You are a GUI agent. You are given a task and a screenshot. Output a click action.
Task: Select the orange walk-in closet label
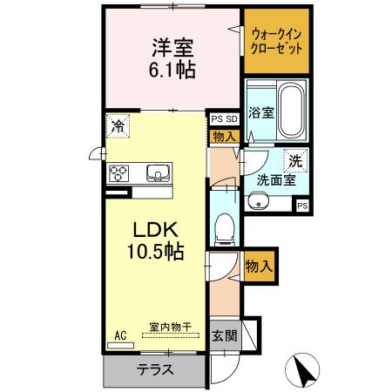click(x=275, y=42)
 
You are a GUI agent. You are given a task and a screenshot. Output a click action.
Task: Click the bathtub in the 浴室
click(x=290, y=112)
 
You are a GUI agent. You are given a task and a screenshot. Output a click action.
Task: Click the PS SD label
click(x=224, y=119)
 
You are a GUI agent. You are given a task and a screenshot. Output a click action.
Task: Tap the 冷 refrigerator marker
click(x=118, y=126)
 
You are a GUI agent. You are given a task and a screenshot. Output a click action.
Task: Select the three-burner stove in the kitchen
click(x=118, y=172)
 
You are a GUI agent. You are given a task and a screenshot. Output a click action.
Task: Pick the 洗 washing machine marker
click(x=296, y=160)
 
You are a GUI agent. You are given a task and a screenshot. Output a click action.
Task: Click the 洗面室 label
click(x=274, y=181)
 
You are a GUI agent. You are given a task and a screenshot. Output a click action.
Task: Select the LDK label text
click(x=155, y=230)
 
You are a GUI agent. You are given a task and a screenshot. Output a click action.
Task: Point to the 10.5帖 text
click(x=156, y=253)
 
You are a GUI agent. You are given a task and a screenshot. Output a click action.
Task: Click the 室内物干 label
click(x=171, y=327)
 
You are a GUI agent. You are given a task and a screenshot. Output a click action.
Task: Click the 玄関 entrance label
click(x=223, y=335)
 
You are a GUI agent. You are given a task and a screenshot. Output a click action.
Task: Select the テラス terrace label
click(x=154, y=368)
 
